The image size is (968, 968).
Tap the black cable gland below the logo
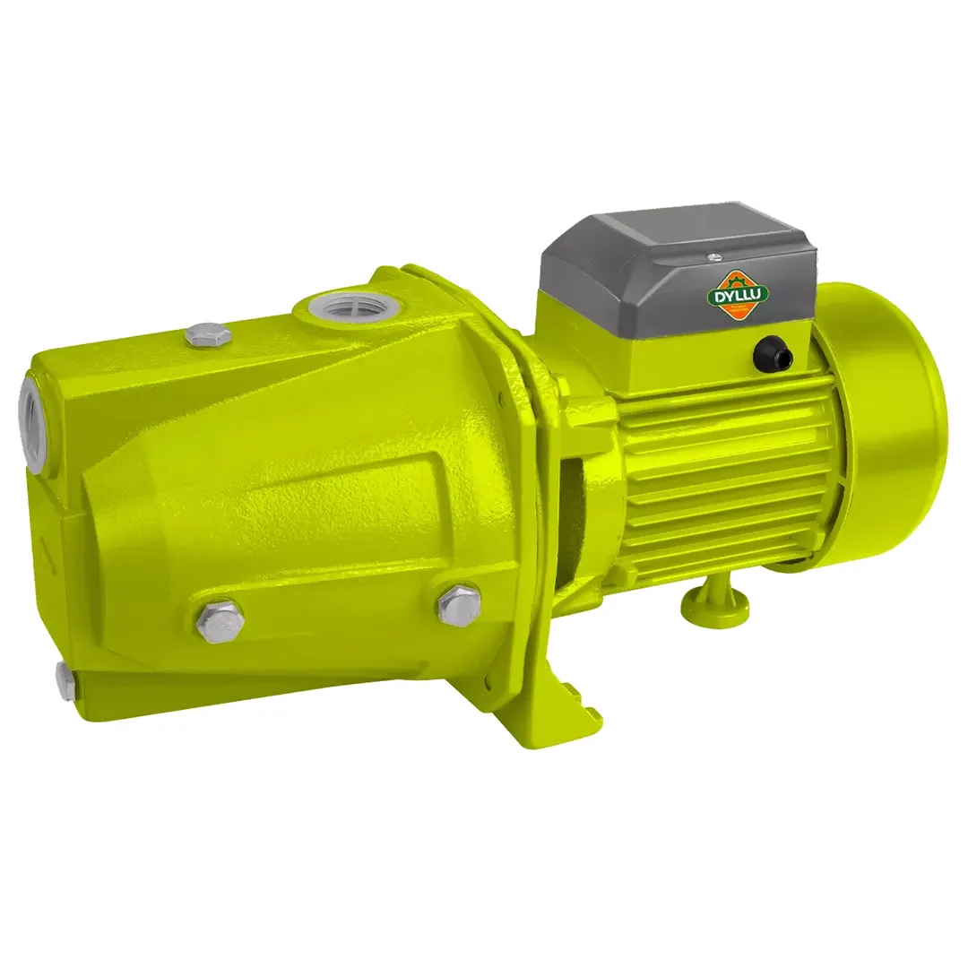[x=772, y=355]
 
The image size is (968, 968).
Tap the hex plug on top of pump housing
[x=208, y=335]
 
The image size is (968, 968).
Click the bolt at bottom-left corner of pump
[x=65, y=681]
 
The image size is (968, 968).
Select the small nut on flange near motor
[x=562, y=386]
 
